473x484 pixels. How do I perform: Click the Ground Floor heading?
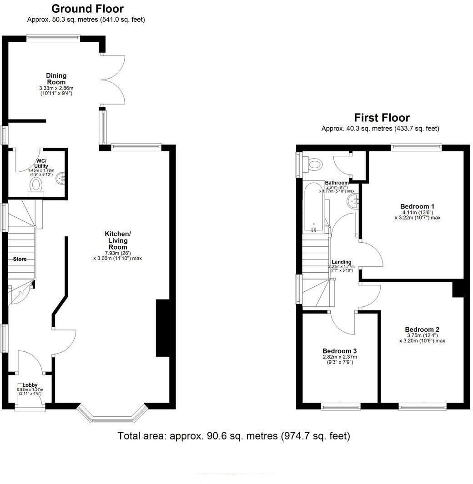point(87,8)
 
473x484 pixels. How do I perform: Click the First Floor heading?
point(382,118)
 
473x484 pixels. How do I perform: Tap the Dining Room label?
point(56,79)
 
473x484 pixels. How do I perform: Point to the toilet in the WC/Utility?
point(36,187)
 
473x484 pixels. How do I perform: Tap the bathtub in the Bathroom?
point(314,207)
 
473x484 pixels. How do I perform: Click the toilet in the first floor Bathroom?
point(312,164)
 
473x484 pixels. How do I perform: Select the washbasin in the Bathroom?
point(353,202)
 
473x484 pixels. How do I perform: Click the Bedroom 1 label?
point(417,206)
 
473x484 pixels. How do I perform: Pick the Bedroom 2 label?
point(422,329)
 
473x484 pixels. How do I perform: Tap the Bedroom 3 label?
point(340,351)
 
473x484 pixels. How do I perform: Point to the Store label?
point(20,259)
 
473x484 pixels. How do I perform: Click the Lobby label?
point(30,385)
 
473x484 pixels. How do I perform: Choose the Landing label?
point(342,262)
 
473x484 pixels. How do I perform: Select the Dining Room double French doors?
point(113,80)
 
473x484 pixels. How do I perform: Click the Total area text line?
point(234,436)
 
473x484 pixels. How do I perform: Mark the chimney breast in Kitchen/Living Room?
point(163,328)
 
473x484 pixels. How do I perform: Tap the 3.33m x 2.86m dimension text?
point(56,88)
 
